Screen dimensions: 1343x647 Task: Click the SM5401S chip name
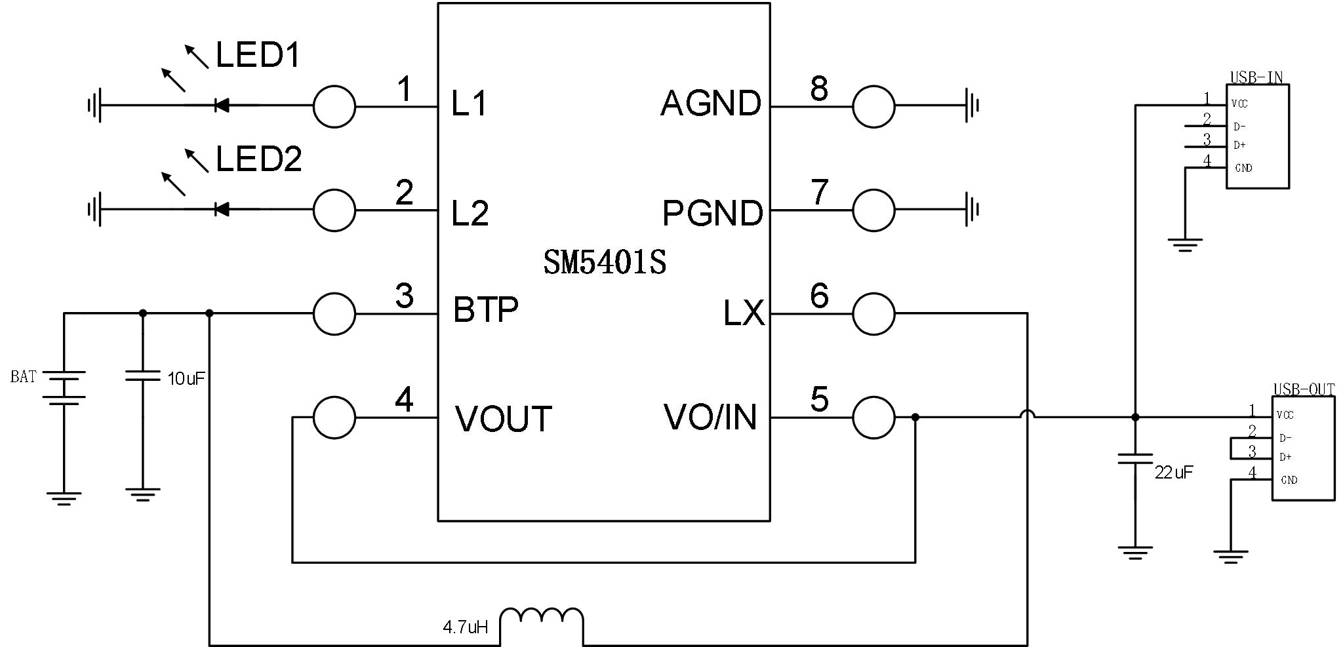click(605, 263)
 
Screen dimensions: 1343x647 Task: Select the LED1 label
click(258, 55)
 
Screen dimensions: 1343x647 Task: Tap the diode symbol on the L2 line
click(221, 210)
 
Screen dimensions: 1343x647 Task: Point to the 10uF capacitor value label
click(186, 378)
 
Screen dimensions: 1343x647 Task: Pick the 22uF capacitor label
click(1174, 472)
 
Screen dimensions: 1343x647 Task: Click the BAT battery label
click(24, 377)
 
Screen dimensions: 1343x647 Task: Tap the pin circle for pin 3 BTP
click(334, 314)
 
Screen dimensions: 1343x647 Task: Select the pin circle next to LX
click(873, 314)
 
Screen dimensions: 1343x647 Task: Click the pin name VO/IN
click(710, 417)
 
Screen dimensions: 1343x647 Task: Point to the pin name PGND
click(713, 213)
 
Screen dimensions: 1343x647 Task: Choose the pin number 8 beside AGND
click(819, 89)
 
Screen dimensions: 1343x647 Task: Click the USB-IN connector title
click(1256, 77)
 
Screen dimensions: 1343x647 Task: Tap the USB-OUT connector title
click(1304, 389)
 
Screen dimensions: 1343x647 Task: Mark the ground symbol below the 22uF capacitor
click(1135, 553)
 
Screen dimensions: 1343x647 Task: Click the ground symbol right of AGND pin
click(972, 105)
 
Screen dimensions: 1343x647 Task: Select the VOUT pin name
click(504, 420)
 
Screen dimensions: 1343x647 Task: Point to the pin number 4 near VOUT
click(404, 400)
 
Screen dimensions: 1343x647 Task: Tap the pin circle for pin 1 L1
click(334, 106)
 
